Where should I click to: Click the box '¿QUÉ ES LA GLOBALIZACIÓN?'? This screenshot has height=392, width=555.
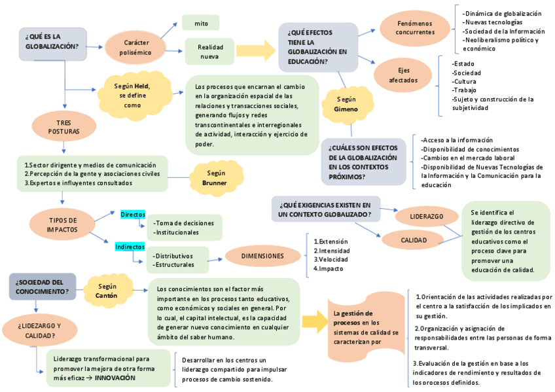click(x=52, y=42)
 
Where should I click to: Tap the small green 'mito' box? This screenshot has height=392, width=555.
click(x=201, y=24)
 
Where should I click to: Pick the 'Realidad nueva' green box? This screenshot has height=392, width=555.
click(x=209, y=52)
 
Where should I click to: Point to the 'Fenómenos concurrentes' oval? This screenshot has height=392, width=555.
click(x=415, y=27)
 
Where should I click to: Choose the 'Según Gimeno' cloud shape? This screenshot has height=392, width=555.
click(x=346, y=103)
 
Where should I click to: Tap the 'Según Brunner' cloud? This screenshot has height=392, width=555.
click(x=216, y=178)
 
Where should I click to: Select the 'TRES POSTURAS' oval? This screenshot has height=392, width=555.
click(x=63, y=127)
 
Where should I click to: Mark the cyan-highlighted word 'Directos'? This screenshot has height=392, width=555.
click(x=132, y=215)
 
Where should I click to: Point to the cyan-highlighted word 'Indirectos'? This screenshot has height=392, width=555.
click(x=130, y=247)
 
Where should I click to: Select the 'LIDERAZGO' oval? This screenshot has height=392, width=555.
click(x=426, y=216)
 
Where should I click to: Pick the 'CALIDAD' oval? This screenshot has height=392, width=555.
click(x=414, y=240)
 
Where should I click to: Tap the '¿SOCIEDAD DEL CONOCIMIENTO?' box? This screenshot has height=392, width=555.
click(x=41, y=286)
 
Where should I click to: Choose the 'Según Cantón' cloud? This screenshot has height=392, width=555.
click(x=107, y=291)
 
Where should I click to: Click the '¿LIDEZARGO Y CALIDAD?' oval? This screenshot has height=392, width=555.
click(x=41, y=330)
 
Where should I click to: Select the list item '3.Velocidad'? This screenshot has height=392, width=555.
click(x=331, y=258)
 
